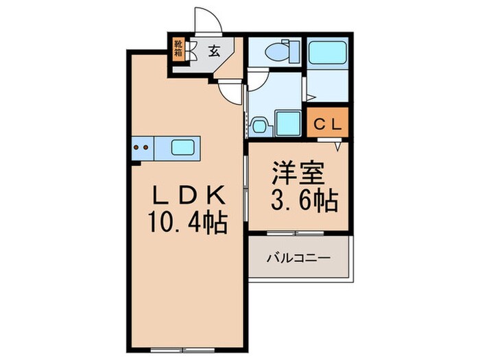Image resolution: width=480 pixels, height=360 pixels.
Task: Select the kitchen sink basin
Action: point(182,147)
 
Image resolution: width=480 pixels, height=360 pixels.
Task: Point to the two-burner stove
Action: point(142,147)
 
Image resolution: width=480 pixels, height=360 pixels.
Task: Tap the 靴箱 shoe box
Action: point(178,51)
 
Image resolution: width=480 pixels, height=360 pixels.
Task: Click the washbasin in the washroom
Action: point(259,125)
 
